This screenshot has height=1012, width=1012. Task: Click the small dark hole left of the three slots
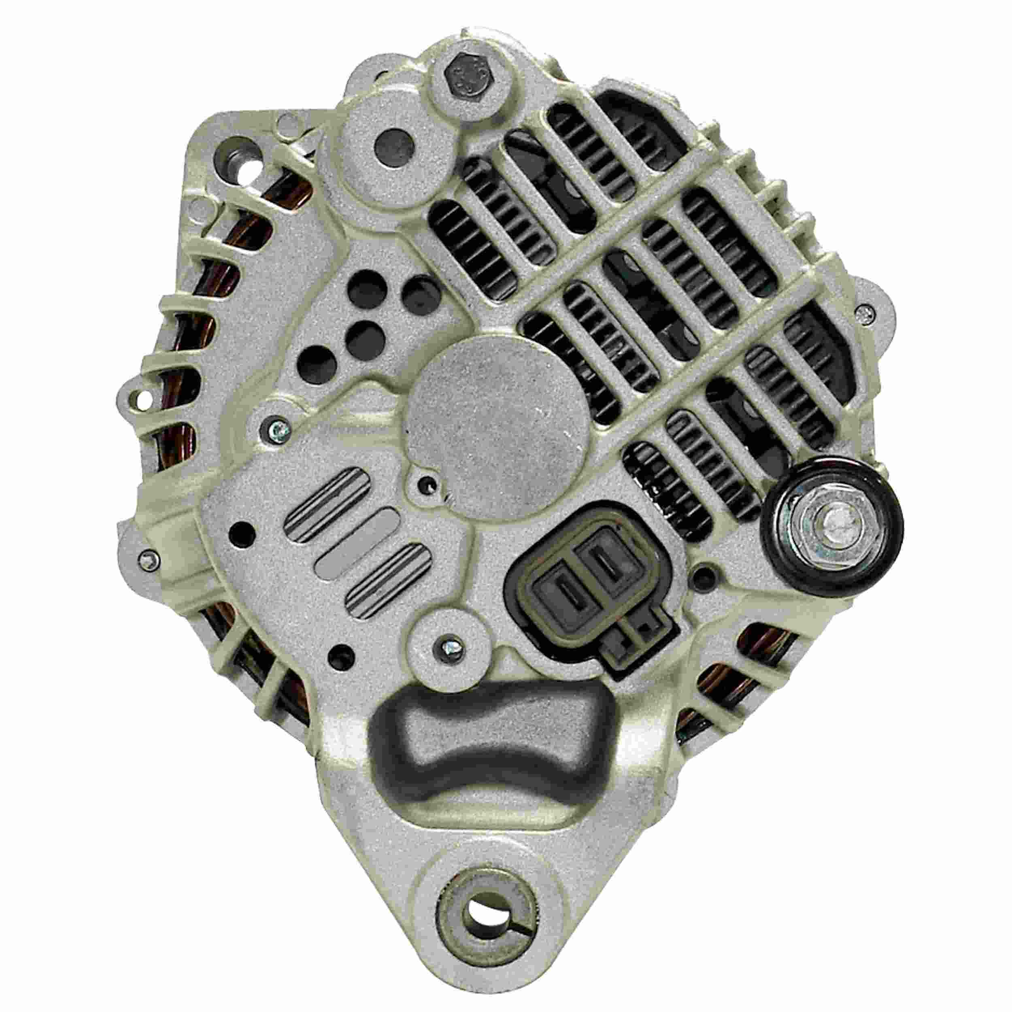[242, 534]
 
